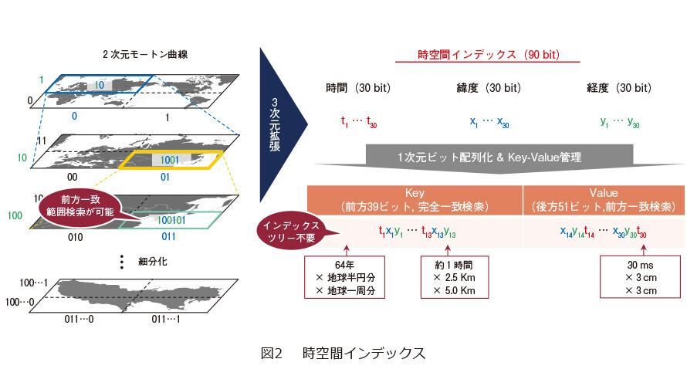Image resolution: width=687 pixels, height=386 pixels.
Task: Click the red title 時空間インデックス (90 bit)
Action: tap(488, 55)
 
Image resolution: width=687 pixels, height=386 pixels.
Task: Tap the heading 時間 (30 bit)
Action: tap(358, 88)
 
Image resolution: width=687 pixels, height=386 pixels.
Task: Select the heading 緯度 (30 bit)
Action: tap(489, 88)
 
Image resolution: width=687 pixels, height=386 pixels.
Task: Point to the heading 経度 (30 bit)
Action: tap(618, 88)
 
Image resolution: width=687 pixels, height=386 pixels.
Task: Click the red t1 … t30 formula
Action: tap(359, 122)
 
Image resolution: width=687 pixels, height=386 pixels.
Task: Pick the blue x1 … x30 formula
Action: tap(489, 122)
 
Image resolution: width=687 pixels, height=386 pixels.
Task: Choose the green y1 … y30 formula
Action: tap(620, 122)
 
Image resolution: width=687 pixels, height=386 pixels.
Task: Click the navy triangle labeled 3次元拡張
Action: tap(280, 124)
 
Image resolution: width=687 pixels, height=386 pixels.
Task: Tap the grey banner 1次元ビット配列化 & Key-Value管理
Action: tap(499, 158)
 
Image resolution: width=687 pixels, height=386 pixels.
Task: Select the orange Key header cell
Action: tap(415, 200)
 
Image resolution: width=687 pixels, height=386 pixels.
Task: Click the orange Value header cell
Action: tap(604, 200)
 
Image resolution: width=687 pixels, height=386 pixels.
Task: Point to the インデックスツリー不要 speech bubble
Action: tap(292, 231)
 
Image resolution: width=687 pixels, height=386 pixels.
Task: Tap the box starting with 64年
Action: tap(345, 277)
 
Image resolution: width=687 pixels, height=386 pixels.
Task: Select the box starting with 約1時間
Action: tap(455, 277)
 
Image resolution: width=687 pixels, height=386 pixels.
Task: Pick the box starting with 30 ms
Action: tap(640, 277)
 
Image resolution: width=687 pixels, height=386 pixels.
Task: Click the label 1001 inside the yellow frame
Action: tap(170, 160)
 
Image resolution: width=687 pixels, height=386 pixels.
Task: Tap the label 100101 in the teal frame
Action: tap(171, 220)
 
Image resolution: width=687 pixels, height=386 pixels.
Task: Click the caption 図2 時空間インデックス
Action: tap(343, 353)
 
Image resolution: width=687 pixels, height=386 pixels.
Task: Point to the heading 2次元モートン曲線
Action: tap(145, 54)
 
